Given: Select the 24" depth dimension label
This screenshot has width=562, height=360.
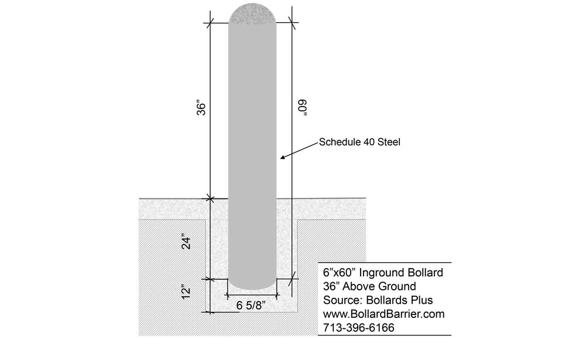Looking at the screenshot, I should pos(186,242).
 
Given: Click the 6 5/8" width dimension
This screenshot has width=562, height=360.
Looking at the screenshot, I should pos(253,305).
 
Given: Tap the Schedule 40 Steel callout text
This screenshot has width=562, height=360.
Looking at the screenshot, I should pos(359,142).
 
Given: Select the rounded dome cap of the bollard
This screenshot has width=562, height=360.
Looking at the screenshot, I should pos(252,13).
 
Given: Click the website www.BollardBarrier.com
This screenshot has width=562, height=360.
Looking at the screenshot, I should pos(383,314).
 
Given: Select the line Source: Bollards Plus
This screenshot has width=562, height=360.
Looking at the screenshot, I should pos(378,300).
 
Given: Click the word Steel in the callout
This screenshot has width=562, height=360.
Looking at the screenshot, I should pos(388,142).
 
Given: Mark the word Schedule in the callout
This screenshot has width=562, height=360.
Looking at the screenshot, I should pos(338,142).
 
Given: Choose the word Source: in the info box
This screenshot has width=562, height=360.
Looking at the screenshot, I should pos(341,300).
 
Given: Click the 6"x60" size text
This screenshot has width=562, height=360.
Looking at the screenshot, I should pos(341,273).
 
